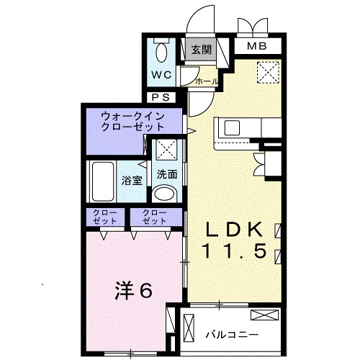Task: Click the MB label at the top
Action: pyautogui.click(x=257, y=48)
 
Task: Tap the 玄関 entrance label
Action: pyautogui.click(x=202, y=50)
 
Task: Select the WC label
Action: pyautogui.click(x=161, y=75)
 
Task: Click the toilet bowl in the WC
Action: pyautogui.click(x=161, y=52)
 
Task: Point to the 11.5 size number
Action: pyautogui.click(x=235, y=251)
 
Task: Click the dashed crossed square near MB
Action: pyautogui.click(x=268, y=71)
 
